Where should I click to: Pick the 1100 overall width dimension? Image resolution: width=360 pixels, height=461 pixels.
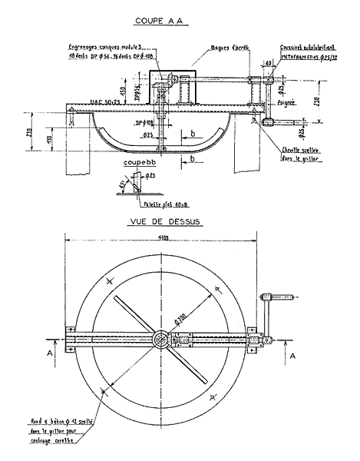coord(163,239)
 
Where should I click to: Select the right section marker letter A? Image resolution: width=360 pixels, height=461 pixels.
coord(296,356)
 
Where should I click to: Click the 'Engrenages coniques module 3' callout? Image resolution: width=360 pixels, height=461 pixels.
coord(101,48)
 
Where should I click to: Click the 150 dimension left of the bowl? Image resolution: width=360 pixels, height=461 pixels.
coord(48,139)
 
